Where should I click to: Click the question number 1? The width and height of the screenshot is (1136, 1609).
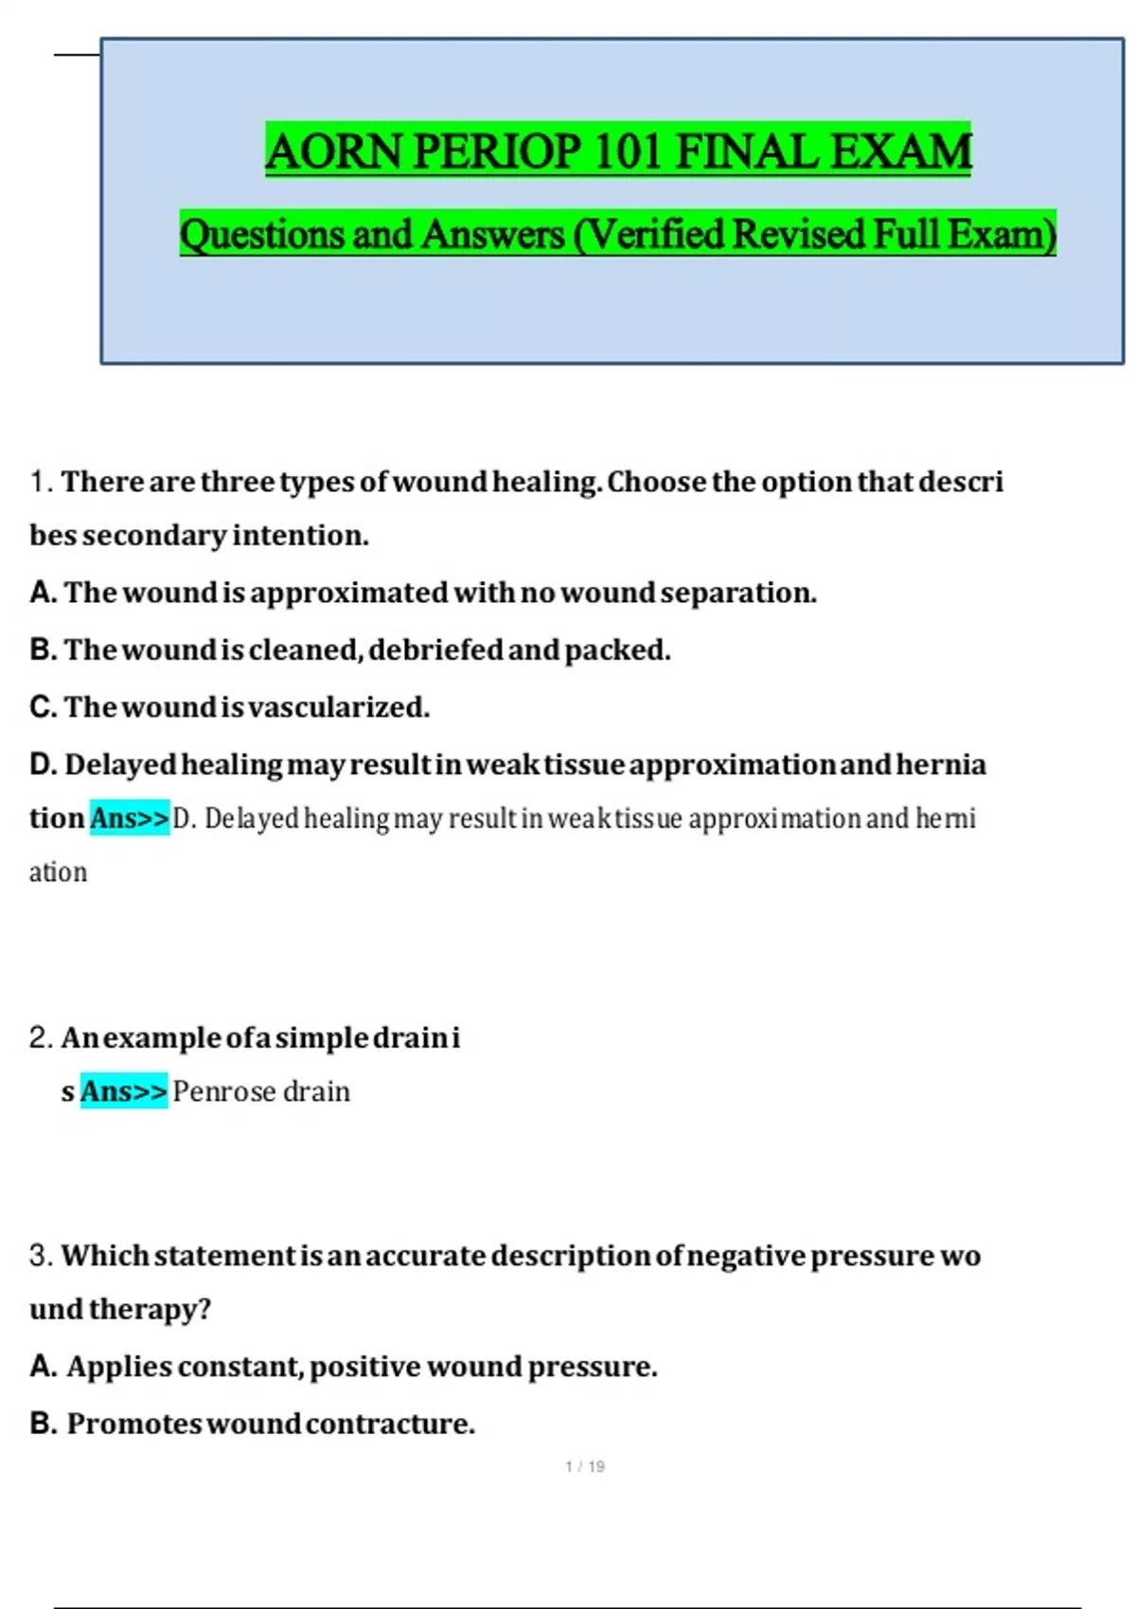pos(39,482)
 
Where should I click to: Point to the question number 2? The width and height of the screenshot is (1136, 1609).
pos(39,1037)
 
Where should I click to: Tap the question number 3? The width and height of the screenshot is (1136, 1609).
pos(39,1255)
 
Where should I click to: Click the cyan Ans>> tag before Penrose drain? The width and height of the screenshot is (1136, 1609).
pos(123,1091)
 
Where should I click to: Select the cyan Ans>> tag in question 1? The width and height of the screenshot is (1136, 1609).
pos(130,818)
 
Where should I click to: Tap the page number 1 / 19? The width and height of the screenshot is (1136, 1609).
pos(585,1466)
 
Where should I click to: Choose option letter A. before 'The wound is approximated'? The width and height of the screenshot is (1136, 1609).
pos(43,592)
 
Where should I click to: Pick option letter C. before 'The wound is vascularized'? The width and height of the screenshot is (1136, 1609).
pos(43,707)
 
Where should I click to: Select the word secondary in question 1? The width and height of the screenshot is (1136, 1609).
pos(155,536)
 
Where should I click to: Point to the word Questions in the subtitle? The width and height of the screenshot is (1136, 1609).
pos(261,234)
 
